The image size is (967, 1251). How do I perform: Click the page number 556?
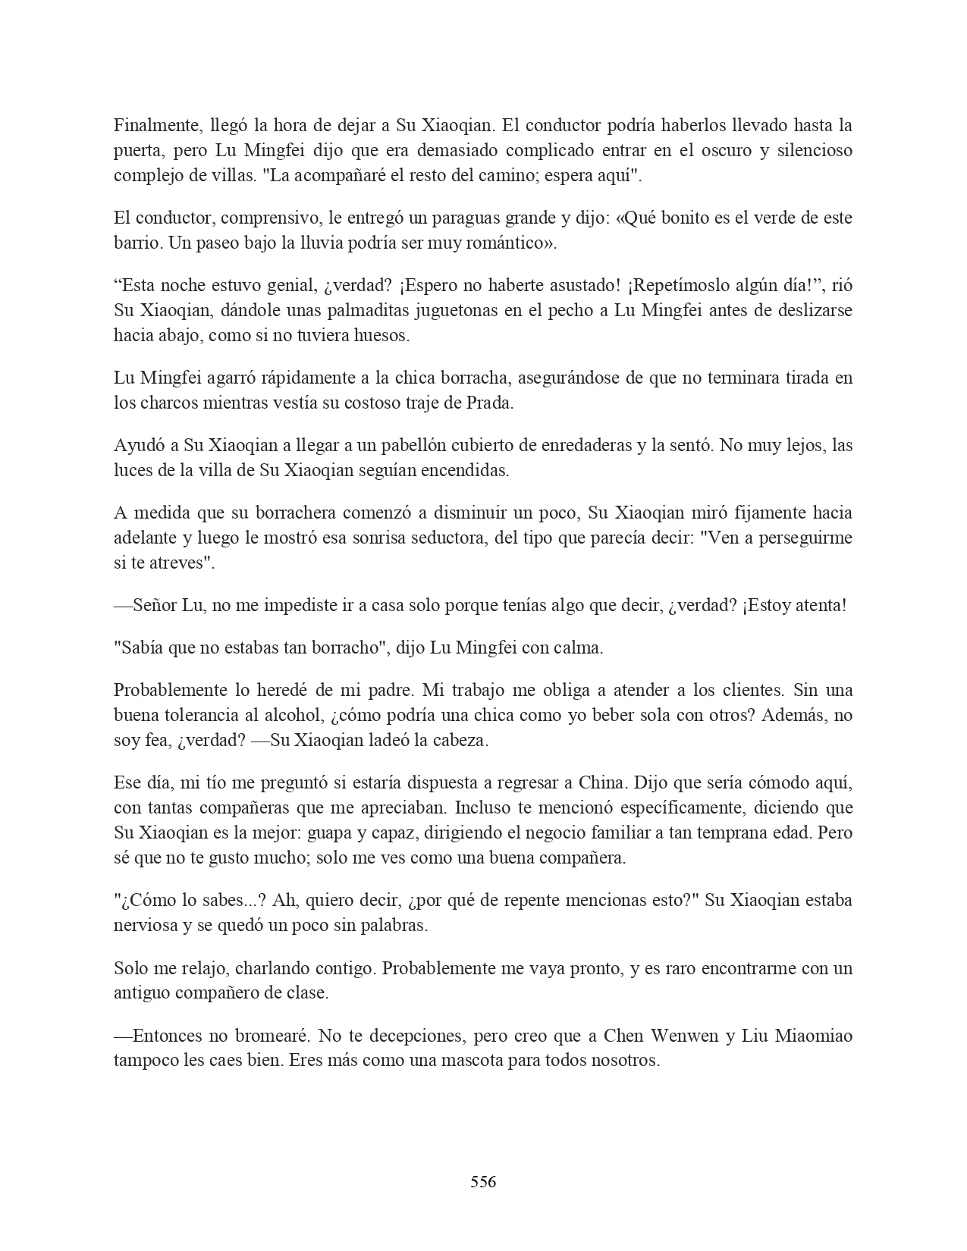tap(483, 1181)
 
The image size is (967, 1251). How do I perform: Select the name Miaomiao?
tap(814, 1036)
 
